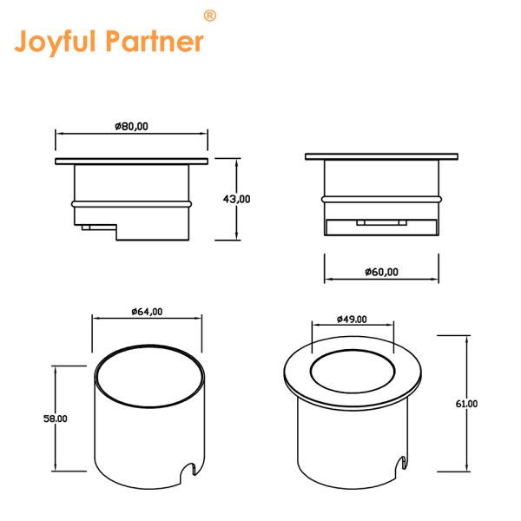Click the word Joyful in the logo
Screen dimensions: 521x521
(x=56, y=43)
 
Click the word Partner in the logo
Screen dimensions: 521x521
(x=155, y=41)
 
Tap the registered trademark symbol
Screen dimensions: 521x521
(x=209, y=16)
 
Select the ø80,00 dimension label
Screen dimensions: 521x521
(x=132, y=126)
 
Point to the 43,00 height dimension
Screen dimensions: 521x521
(x=236, y=199)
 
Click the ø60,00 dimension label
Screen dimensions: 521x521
(x=381, y=272)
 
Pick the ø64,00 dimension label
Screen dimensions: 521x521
(x=147, y=312)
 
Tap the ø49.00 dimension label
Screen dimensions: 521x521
(x=352, y=320)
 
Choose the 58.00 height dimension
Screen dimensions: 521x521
(x=56, y=419)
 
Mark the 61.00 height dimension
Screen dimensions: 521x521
(x=466, y=404)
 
